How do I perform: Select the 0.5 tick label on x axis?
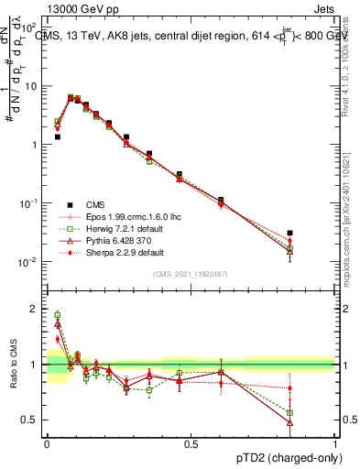191,444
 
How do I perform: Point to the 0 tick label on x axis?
47,444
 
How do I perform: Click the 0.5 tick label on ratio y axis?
31,421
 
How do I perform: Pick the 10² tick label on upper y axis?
30,28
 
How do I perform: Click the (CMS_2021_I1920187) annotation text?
191,274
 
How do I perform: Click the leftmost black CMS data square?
57,136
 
